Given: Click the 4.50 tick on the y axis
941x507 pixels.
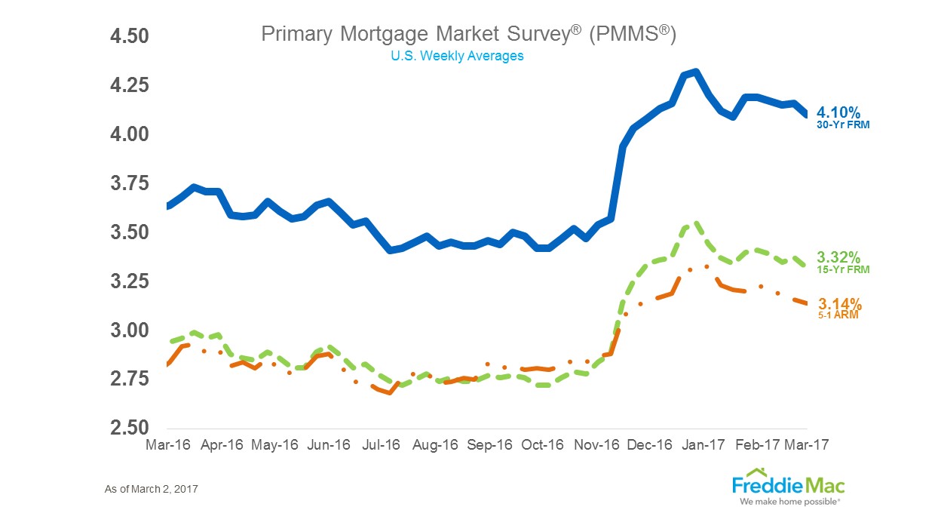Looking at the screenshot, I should tap(130, 36).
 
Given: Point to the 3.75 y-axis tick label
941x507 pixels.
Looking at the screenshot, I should tap(130, 183).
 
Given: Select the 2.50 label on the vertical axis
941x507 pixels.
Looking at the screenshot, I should tap(130, 428).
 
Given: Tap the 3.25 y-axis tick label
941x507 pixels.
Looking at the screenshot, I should tap(130, 281).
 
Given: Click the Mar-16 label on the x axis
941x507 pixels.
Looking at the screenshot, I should tap(166, 445).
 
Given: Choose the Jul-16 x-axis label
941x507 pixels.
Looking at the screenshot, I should tap(382, 445).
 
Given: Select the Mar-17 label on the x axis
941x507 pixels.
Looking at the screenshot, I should tap(807, 445).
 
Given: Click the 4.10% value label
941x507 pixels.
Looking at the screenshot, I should tap(839, 113).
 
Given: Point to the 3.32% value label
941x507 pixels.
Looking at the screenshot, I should tap(839, 257).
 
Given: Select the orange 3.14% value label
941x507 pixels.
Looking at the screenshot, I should tap(839, 304).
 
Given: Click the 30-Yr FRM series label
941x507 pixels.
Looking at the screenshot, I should tap(843, 125).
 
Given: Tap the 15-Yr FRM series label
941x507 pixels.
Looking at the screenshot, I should tap(843, 269).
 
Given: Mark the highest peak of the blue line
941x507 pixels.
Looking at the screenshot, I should tap(695, 72).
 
